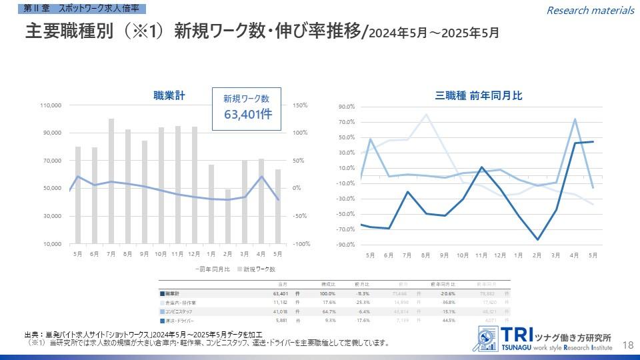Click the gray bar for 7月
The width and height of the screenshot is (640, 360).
pos(111,181)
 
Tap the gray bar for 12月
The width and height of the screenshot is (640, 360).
pos(195,185)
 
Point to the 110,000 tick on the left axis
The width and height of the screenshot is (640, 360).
pos(51,105)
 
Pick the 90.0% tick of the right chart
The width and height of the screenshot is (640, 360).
pos(347,107)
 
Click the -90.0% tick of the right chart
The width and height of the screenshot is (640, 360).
pos(347,245)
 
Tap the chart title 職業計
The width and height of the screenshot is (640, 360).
pos(169,96)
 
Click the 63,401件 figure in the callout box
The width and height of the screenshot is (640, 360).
pos(247,114)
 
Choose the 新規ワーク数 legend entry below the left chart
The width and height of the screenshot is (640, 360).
pos(259,269)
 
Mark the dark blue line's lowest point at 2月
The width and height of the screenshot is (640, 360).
pos(537,239)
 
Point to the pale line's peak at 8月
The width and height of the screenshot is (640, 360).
pos(426,115)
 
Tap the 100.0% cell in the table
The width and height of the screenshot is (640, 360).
pos(327,293)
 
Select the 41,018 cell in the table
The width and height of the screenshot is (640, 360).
pos(279,311)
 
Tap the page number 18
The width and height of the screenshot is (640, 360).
pos(627,344)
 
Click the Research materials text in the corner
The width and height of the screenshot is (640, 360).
pos(590,10)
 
